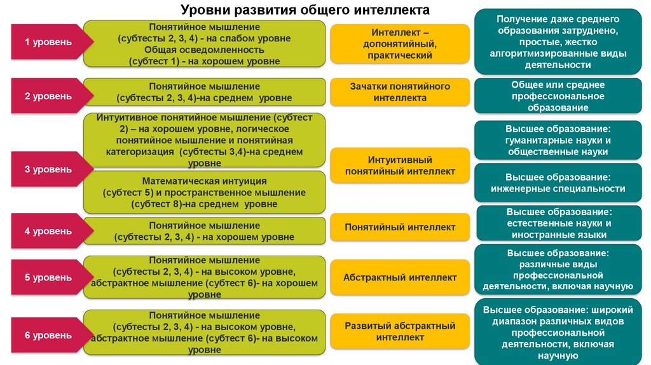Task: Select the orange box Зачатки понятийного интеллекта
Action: point(400,92)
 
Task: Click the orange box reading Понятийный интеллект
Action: point(400,227)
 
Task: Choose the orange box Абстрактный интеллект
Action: point(400,278)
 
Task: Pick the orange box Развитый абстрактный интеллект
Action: point(400,331)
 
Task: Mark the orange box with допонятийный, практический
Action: point(400,44)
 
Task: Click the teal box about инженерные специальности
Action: point(558,182)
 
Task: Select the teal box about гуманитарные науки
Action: point(558,140)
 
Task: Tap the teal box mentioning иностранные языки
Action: point(558,223)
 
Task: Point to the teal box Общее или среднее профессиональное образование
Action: point(558,96)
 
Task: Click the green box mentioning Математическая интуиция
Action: point(204,193)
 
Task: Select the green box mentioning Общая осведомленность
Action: point(204,44)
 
